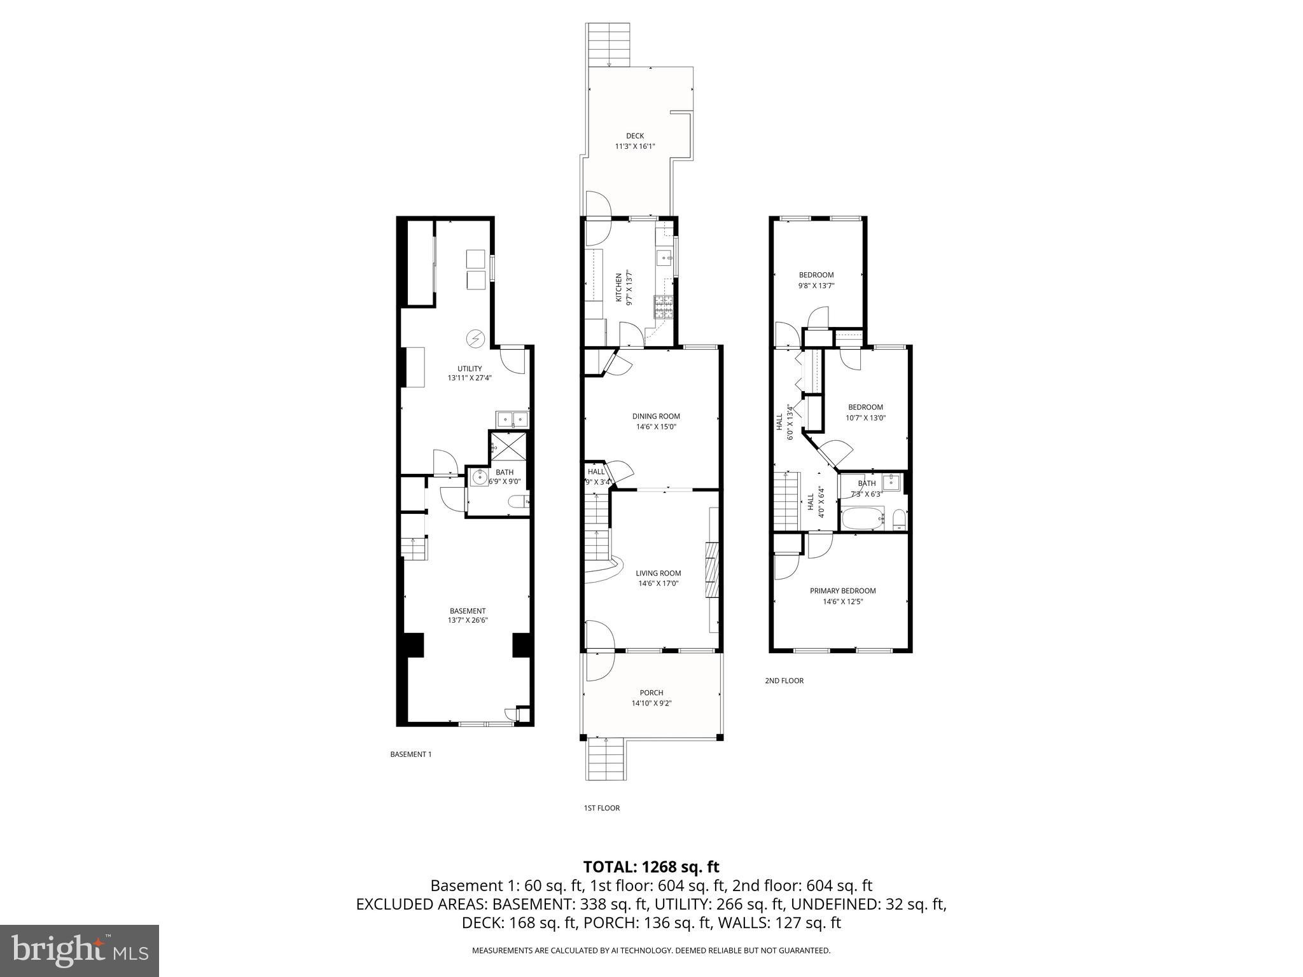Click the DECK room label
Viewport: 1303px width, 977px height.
coord(634,135)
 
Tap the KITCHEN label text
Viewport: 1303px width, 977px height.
coord(618,288)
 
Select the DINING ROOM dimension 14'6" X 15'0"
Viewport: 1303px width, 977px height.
coord(655,427)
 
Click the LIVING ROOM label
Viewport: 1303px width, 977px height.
coord(658,572)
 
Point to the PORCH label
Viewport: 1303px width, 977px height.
coord(651,693)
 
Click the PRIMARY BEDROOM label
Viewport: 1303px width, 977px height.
coord(842,590)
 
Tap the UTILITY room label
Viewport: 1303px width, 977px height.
coord(470,368)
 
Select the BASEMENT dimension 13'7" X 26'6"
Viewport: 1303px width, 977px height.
coord(468,620)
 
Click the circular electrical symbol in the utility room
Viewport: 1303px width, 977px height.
coord(475,339)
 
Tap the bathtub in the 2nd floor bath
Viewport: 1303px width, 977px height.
coord(863,518)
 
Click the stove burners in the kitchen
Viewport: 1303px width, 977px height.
coord(663,307)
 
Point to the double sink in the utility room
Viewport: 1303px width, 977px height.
coord(512,419)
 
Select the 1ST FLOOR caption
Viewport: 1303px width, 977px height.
coord(601,808)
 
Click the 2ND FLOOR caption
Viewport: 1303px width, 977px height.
coord(784,681)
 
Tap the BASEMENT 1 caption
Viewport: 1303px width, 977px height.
coord(410,754)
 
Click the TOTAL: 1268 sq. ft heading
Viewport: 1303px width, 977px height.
coord(651,866)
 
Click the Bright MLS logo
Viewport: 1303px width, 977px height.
coord(80,950)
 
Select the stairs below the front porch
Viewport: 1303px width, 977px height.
coord(605,759)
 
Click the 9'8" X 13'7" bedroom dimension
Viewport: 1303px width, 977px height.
coord(816,286)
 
